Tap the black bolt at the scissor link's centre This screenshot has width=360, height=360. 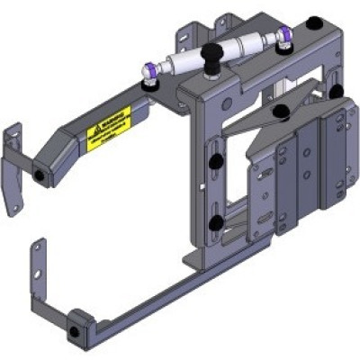(282, 112)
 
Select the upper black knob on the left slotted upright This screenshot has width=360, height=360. (216, 159)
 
